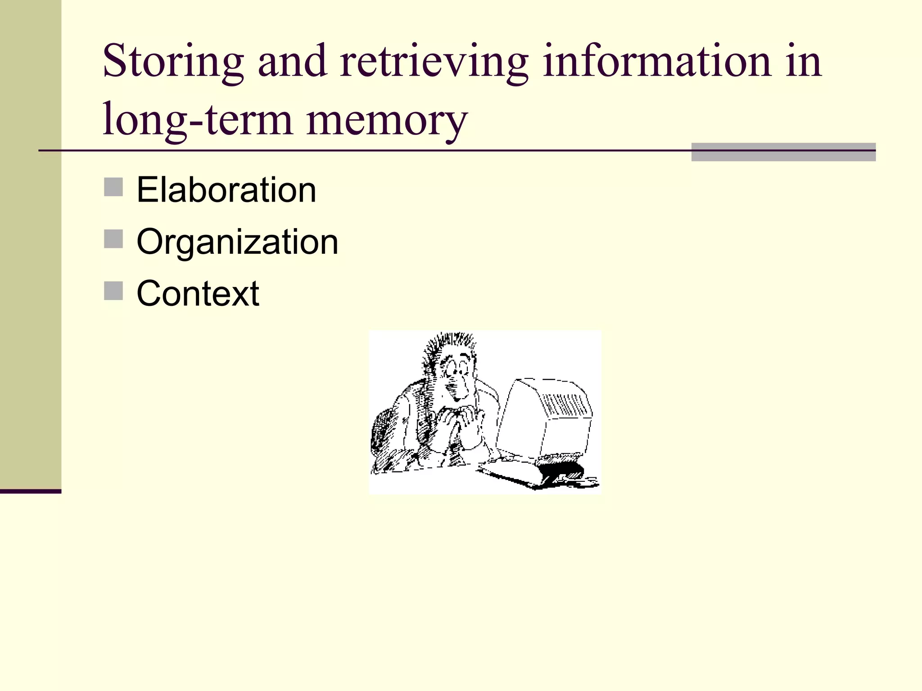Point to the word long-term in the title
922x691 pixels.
point(198,120)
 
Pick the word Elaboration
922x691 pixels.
point(226,190)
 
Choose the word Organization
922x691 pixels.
point(237,242)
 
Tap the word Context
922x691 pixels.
point(198,293)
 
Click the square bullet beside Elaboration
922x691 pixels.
point(113,187)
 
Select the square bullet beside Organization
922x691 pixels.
point(113,239)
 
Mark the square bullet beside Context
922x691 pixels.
point(113,291)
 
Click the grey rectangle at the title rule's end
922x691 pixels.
point(783,152)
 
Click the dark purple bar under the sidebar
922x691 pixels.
point(31,491)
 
